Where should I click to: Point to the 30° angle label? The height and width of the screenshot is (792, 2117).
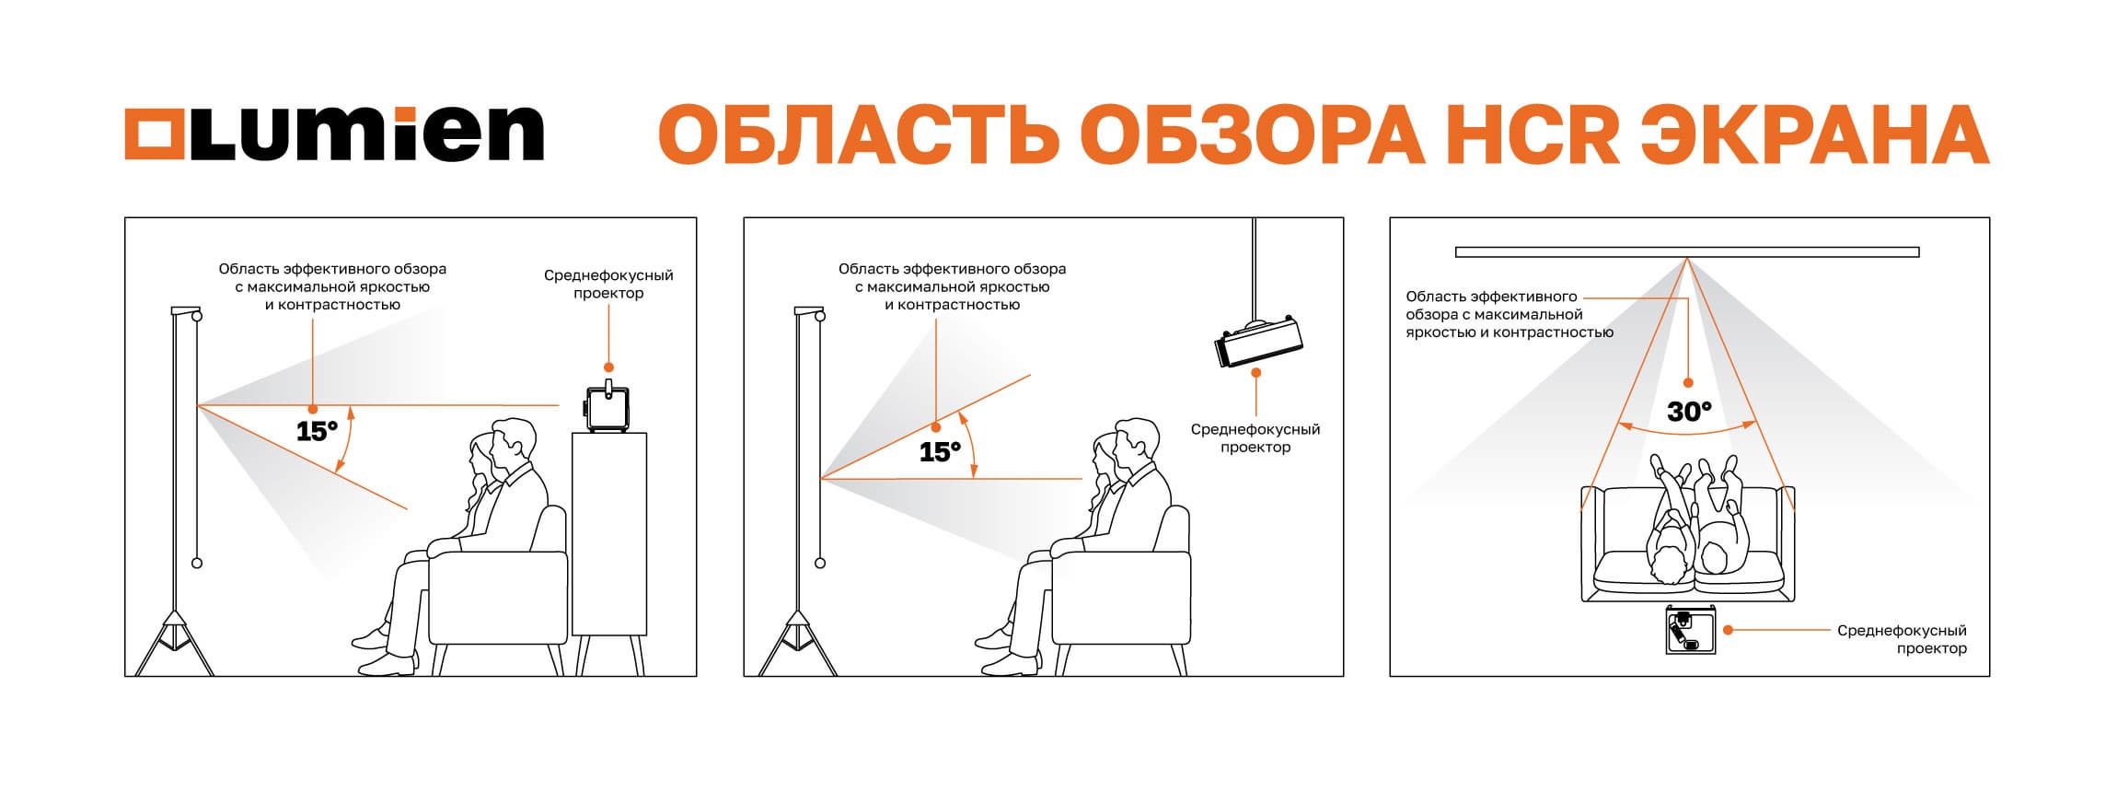tap(1688, 412)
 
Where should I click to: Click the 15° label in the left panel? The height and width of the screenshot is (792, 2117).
tap(317, 430)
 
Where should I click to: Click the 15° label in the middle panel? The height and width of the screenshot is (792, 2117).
tap(940, 451)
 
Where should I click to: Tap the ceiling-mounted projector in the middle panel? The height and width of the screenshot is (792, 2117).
tap(1257, 343)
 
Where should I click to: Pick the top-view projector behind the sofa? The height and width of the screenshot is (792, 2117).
tap(1692, 631)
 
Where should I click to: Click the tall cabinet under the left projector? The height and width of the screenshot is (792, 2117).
tap(608, 534)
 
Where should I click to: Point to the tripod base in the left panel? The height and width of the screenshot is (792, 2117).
tap(173, 641)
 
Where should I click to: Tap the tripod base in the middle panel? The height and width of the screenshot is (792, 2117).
tap(796, 641)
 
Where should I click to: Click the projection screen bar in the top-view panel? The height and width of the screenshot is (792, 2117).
tap(1687, 251)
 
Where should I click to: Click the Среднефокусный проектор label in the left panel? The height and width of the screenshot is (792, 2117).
tap(608, 284)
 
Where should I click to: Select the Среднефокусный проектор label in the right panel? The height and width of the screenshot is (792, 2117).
tap(1902, 639)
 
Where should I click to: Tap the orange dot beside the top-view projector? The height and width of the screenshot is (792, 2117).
tap(1729, 630)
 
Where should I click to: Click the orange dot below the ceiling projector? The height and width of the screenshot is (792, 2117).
tap(1257, 373)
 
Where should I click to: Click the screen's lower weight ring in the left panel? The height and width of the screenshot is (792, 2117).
tap(196, 563)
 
